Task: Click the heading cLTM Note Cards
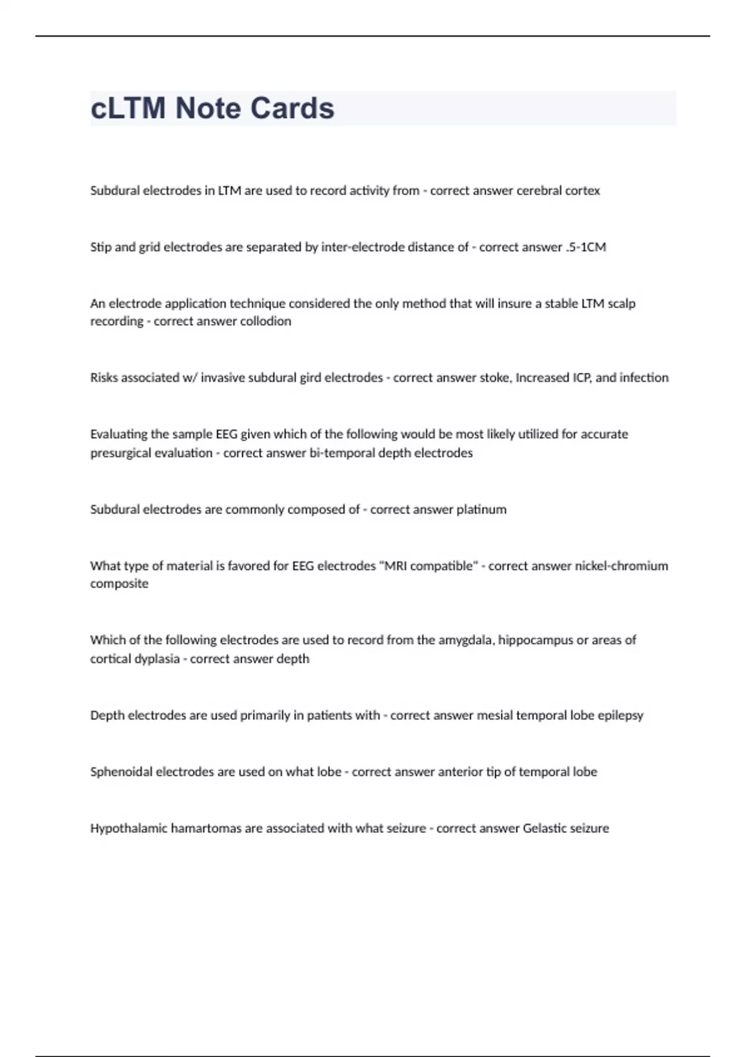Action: click(212, 108)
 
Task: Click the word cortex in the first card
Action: click(583, 191)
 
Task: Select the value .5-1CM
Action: click(586, 247)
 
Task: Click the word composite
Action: click(119, 584)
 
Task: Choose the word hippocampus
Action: click(536, 640)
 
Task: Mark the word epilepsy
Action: click(620, 716)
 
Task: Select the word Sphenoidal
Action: click(121, 772)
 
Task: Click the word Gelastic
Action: click(545, 829)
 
